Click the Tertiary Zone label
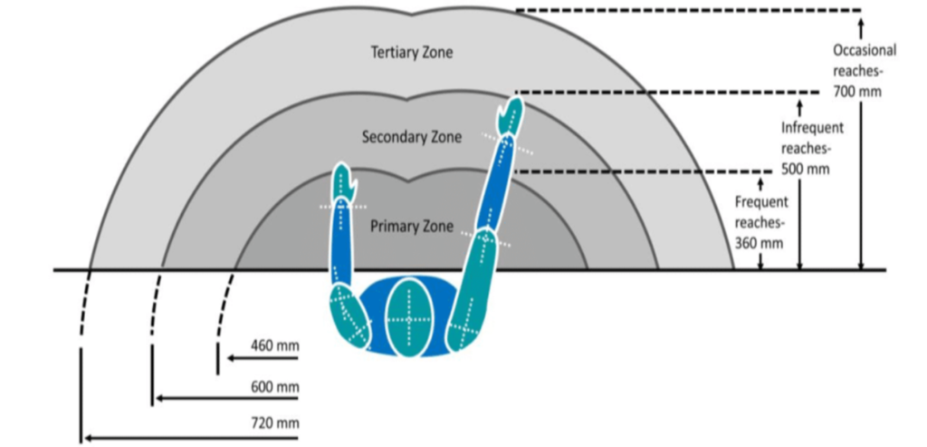click(412, 52)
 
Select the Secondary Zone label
click(412, 137)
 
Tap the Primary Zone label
click(412, 226)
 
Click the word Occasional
click(865, 51)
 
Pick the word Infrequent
click(812, 128)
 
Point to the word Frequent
click(761, 202)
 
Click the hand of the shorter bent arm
click(345, 180)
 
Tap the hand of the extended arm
click(511, 117)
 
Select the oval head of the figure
click(409, 317)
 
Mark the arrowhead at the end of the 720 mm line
click(89, 438)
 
